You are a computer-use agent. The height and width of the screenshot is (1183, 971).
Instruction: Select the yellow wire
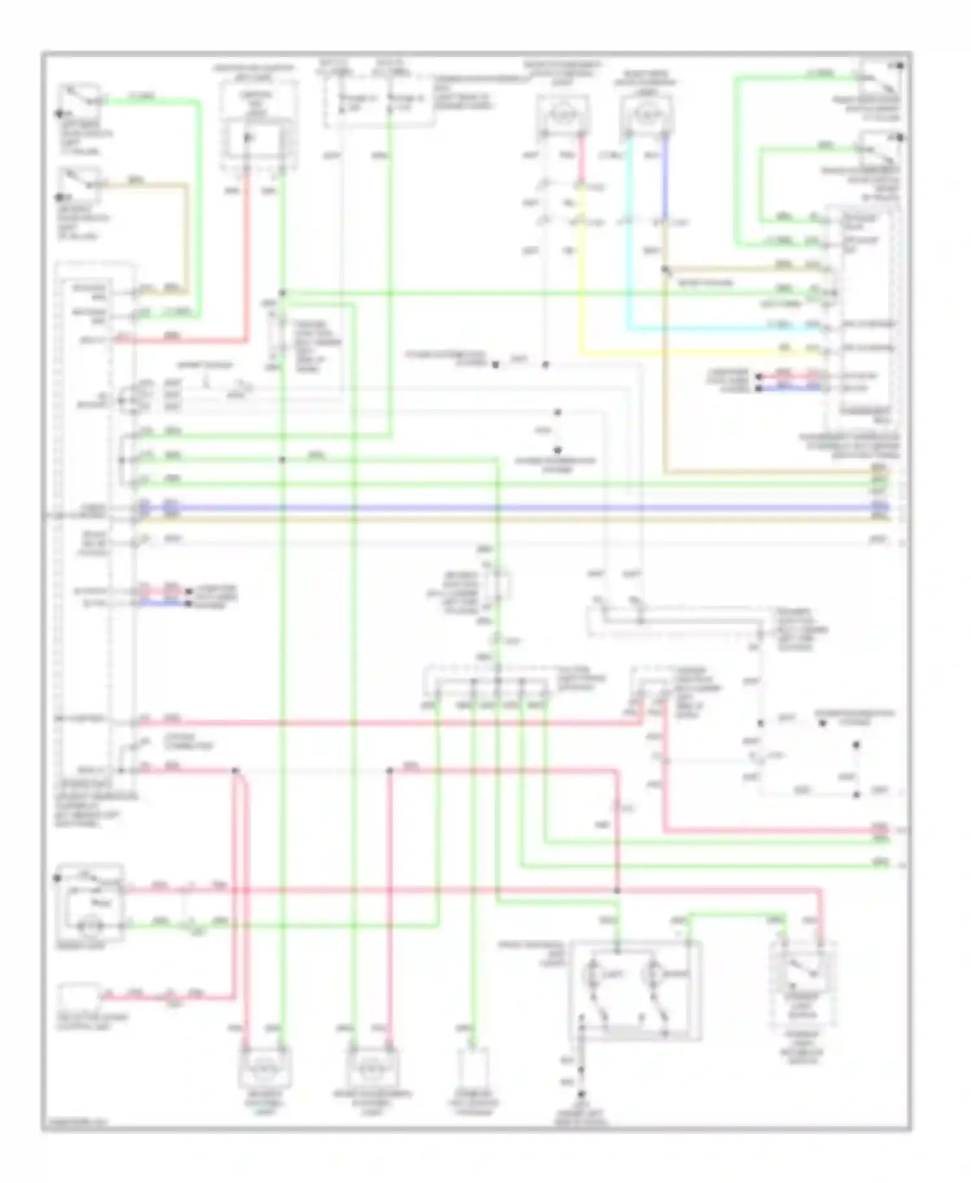680,353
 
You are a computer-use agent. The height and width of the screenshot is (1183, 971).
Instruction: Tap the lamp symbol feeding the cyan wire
647,115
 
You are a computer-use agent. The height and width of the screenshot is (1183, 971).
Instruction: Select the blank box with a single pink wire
78,997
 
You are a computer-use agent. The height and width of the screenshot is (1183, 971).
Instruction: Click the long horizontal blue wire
505,508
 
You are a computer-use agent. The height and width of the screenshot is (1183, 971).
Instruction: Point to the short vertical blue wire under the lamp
665,175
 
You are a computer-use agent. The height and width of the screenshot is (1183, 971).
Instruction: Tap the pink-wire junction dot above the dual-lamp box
617,890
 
